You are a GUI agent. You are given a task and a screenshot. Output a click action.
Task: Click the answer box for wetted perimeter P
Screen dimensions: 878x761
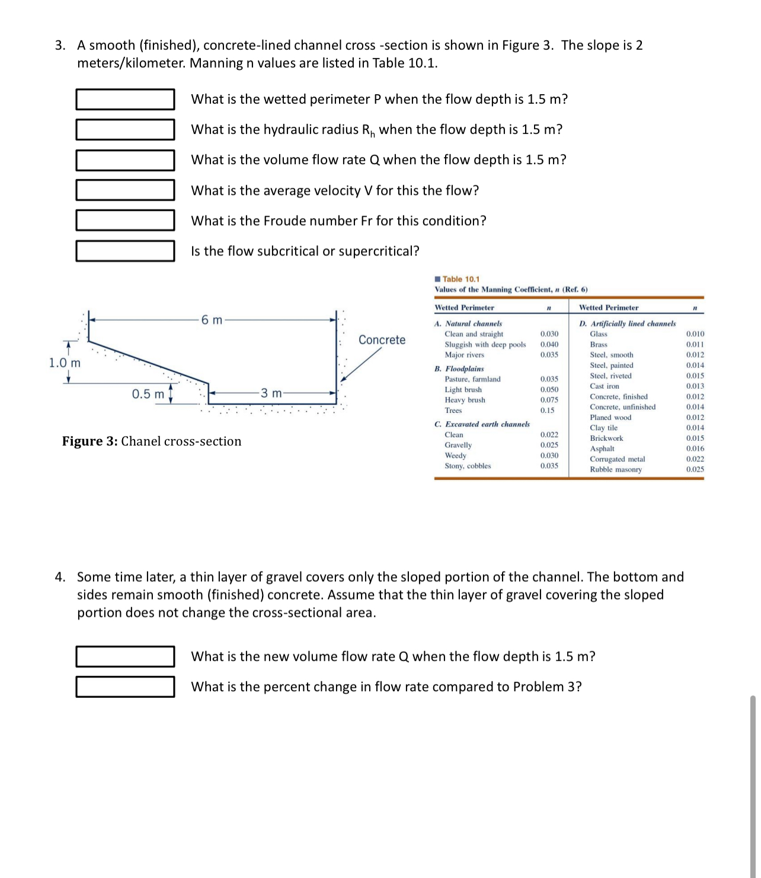click(x=125, y=100)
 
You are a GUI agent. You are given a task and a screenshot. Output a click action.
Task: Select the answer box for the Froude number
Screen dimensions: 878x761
click(x=125, y=220)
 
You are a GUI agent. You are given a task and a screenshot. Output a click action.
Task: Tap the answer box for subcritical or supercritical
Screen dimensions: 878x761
click(x=125, y=251)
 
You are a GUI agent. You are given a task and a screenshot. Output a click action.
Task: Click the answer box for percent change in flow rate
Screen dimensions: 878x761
click(x=125, y=687)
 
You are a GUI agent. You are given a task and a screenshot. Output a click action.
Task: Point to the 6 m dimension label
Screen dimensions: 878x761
click(x=212, y=320)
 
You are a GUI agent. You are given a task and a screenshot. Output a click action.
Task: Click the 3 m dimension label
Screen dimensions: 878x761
click(x=271, y=393)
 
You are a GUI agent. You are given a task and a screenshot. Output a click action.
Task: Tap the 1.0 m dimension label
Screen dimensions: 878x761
click(x=65, y=363)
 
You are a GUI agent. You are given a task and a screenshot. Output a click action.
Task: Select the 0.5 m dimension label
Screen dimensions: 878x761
click(x=148, y=394)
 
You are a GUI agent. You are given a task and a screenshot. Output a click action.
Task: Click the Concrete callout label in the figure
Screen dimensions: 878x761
click(x=382, y=339)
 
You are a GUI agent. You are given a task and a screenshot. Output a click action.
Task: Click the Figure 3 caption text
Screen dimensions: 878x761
click(x=152, y=441)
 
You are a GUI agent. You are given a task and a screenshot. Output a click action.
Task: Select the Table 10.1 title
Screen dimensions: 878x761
click(x=461, y=279)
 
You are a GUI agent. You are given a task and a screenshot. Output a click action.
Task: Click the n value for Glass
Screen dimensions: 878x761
click(x=695, y=334)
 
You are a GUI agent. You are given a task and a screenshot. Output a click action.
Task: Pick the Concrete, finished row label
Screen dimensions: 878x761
click(x=618, y=397)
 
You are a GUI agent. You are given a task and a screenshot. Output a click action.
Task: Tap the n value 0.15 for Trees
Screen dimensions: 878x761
click(x=547, y=411)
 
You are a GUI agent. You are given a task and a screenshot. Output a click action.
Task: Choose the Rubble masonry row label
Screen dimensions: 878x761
click(x=615, y=470)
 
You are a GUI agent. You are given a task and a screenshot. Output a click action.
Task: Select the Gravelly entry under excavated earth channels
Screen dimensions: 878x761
click(x=458, y=445)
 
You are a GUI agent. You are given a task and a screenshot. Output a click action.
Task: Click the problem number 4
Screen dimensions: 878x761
click(x=60, y=577)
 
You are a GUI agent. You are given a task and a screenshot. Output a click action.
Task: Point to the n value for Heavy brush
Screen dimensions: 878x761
click(x=549, y=400)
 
